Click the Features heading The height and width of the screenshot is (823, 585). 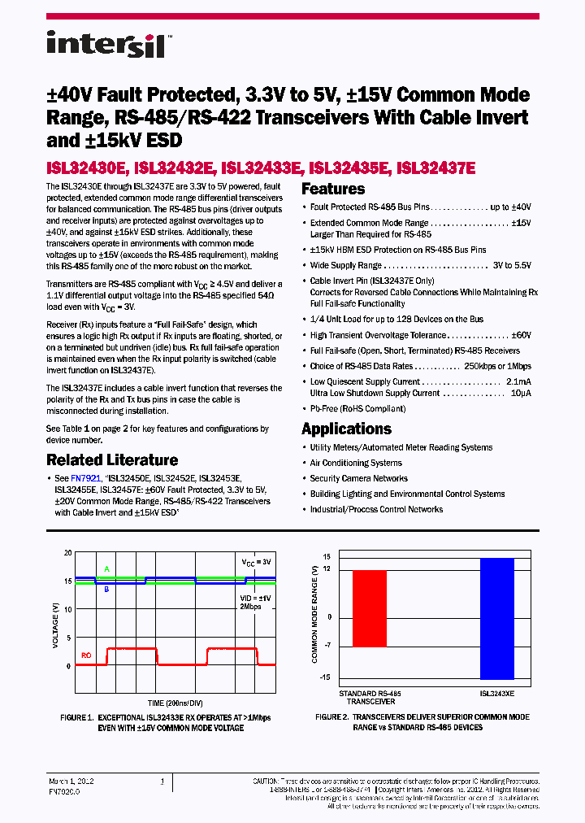[333, 189]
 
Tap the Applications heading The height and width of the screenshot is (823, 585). [346, 429]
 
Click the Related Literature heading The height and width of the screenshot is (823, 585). [112, 460]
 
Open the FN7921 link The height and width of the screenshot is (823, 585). [85, 479]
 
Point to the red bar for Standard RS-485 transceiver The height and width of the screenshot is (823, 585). [370, 608]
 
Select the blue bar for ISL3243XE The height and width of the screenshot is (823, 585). [496, 618]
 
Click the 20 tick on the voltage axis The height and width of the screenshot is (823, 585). [67, 552]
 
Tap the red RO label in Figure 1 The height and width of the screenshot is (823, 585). [86, 655]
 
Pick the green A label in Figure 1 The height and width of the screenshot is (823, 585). [106, 569]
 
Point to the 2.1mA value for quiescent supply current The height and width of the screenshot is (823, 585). [518, 381]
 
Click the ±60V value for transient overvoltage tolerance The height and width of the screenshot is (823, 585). [520, 335]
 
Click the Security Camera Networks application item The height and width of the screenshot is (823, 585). [358, 478]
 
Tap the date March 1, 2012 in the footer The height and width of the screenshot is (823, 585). [71, 781]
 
